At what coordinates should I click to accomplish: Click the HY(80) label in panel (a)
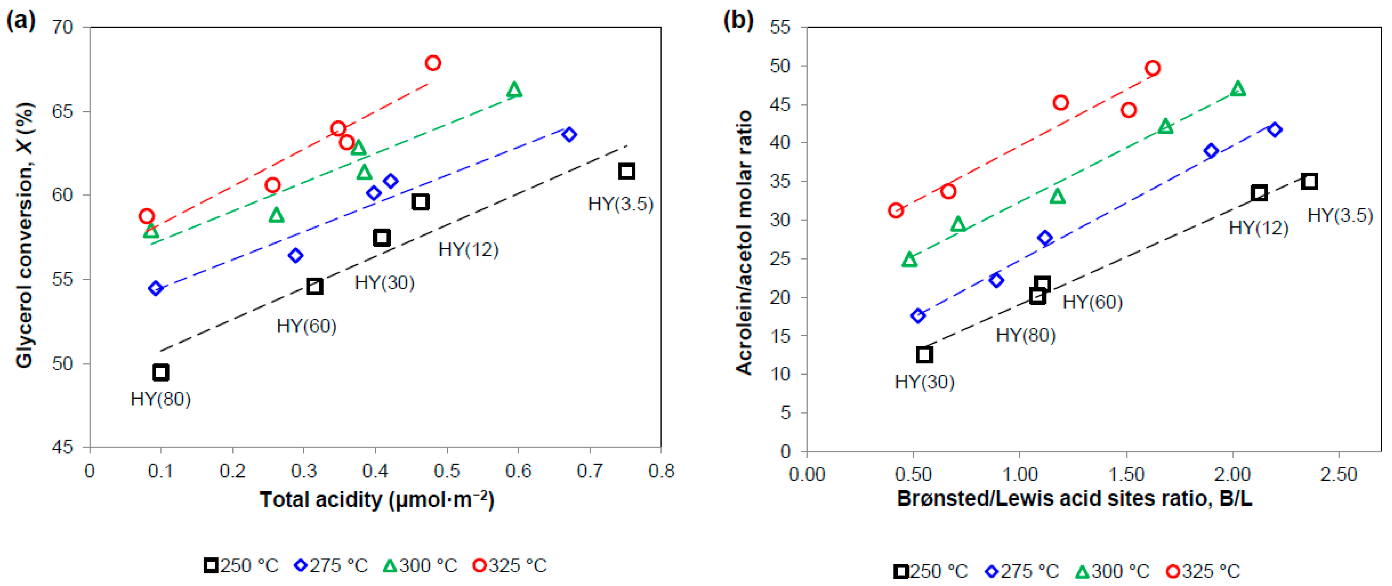click(x=161, y=399)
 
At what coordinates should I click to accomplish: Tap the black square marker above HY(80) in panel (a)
click(x=161, y=372)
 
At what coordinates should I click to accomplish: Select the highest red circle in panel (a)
click(x=433, y=63)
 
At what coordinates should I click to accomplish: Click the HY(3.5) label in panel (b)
click(x=1340, y=215)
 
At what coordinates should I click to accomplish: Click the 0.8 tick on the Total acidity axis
click(x=661, y=471)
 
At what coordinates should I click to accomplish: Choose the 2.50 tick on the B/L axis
click(x=1339, y=474)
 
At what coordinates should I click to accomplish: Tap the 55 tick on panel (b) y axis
click(x=780, y=27)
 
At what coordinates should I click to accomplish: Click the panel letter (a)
click(x=20, y=20)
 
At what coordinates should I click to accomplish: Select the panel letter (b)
click(x=738, y=20)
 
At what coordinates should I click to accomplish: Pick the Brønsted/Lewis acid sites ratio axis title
click(x=1074, y=498)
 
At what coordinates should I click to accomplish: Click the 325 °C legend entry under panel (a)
click(x=510, y=566)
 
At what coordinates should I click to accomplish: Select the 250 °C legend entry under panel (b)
click(x=931, y=571)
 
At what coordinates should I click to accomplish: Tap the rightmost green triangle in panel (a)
click(x=514, y=90)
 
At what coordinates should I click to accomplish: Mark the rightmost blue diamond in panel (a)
click(x=569, y=135)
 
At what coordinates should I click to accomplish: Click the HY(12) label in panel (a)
click(x=468, y=250)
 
